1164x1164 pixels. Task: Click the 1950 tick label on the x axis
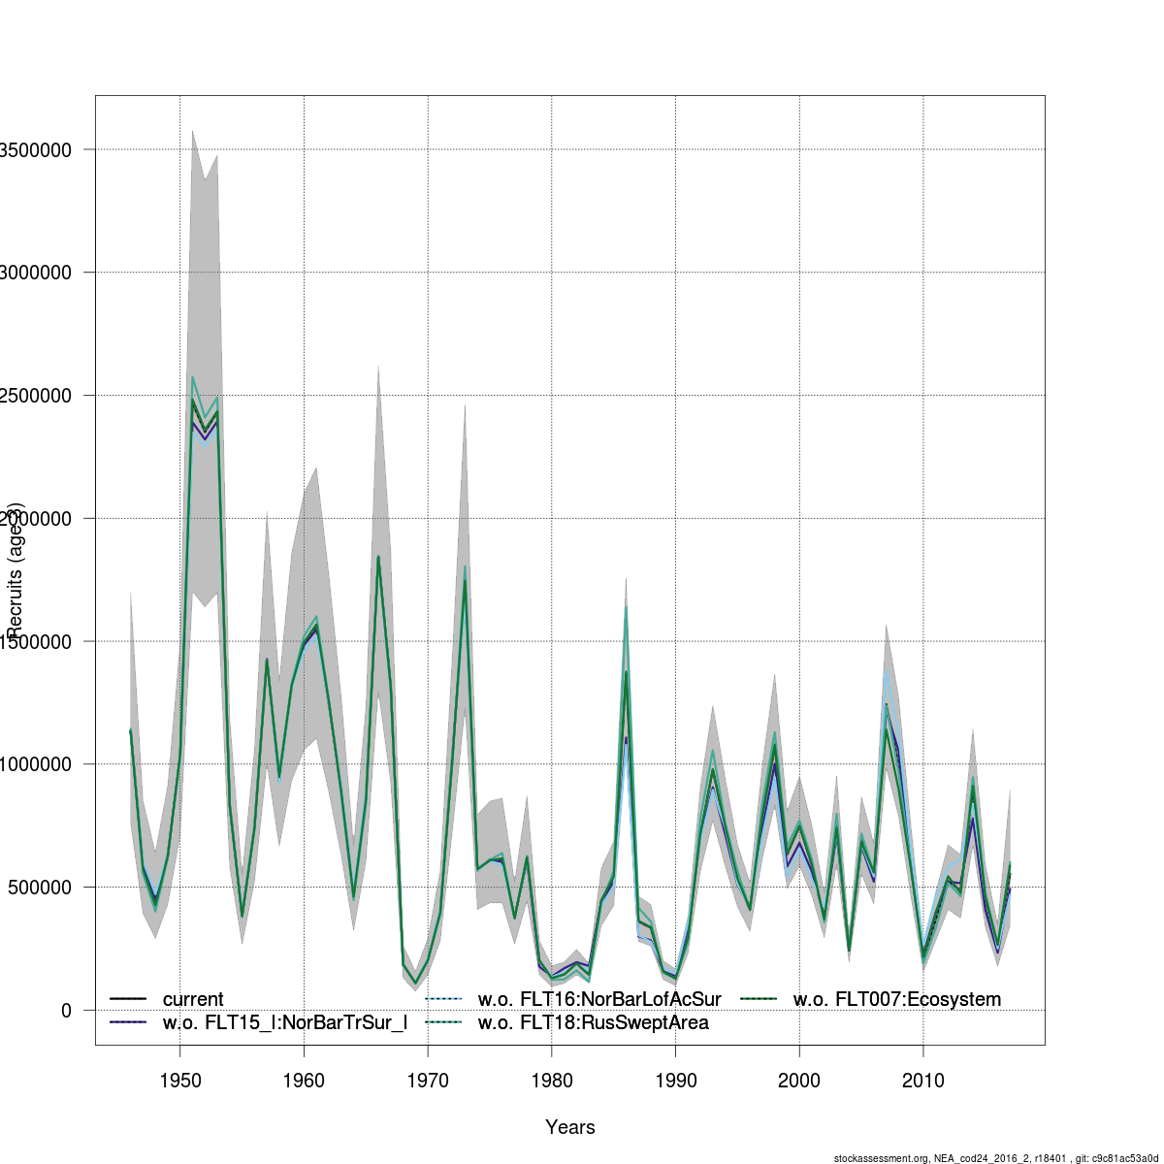179,1080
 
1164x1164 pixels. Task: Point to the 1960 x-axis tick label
304,1080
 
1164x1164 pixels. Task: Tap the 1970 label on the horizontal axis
428,1080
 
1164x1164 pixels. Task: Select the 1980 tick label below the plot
551,1080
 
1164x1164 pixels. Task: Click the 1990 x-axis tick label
675,1080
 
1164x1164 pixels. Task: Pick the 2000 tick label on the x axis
799,1080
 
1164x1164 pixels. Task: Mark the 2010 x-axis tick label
923,1080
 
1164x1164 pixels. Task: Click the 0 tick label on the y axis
65,1011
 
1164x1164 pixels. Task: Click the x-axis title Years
570,1127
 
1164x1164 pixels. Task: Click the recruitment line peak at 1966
378,557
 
